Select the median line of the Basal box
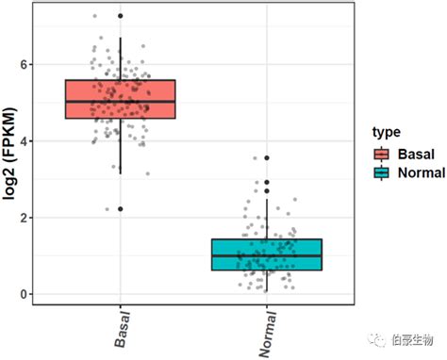[120, 101]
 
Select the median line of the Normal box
[266, 255]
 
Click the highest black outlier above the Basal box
[120, 16]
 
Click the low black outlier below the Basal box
[120, 209]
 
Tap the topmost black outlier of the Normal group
[267, 158]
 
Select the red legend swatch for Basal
[381, 155]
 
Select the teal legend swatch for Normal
[381, 172]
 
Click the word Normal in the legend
[420, 172]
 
